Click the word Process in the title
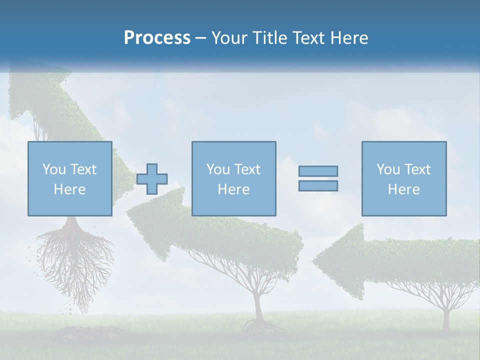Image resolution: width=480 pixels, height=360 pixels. [157, 38]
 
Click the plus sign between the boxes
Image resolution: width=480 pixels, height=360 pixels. [152, 178]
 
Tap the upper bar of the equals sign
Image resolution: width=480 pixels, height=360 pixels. [318, 171]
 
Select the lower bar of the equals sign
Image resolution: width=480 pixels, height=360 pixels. [318, 185]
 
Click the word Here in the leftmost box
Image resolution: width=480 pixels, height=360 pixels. [69, 189]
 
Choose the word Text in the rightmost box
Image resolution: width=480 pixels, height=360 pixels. [417, 169]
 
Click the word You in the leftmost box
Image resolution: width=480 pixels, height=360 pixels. [54, 169]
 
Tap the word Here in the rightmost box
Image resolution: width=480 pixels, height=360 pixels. [403, 189]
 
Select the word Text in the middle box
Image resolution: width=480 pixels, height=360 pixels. [247, 169]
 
